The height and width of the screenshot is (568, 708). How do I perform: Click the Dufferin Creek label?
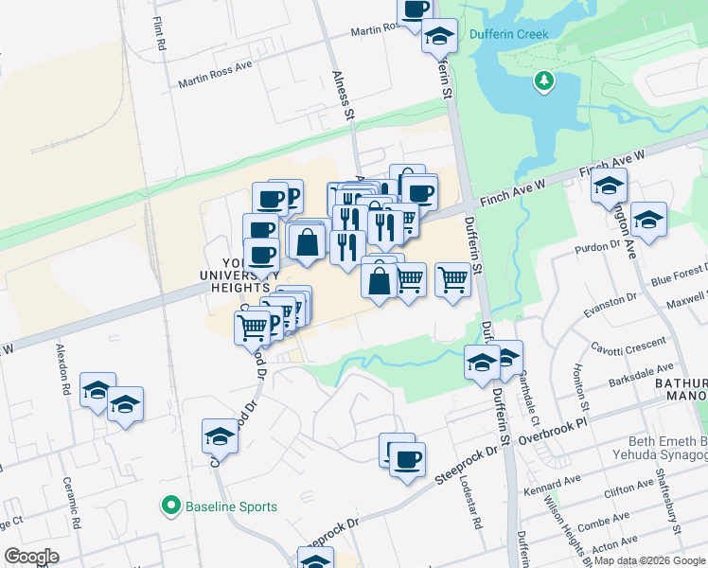click(x=508, y=34)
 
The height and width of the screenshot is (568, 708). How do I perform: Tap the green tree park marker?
click(x=544, y=81)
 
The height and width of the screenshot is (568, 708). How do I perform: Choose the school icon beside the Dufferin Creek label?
click(x=437, y=38)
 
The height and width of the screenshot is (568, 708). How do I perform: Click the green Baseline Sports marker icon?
click(x=171, y=506)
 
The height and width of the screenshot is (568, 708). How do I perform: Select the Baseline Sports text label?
click(x=232, y=506)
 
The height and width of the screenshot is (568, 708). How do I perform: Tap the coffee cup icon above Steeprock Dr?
click(x=407, y=460)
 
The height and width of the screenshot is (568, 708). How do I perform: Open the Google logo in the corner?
click(x=31, y=557)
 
